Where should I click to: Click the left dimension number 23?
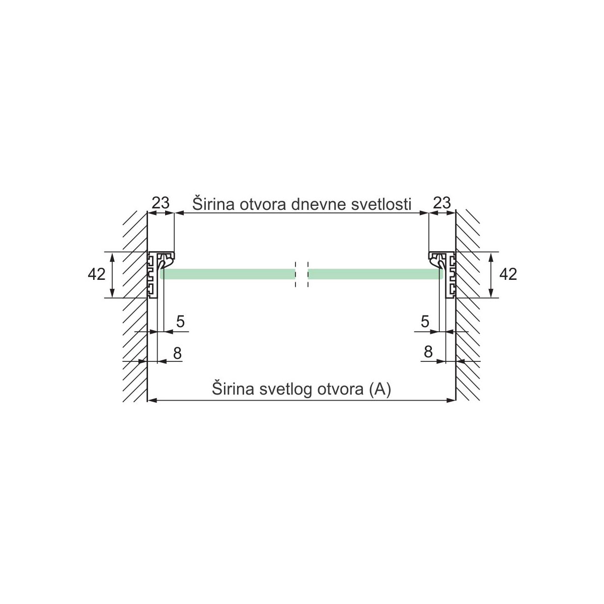coord(161,203)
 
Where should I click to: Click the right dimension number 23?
coord(441,203)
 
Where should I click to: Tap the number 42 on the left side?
coord(96,274)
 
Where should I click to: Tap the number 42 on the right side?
coord(508,274)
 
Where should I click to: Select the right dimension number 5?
coord(425,322)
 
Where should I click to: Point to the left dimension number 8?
coord(177,353)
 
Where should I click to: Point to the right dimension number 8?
coord(428,352)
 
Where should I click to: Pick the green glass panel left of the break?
coord(226,274)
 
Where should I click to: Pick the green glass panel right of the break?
coord(375,274)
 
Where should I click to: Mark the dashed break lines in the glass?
coord(301,274)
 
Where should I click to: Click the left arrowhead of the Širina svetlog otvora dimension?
coord(151,401)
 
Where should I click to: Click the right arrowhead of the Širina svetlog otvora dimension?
coord(451,401)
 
